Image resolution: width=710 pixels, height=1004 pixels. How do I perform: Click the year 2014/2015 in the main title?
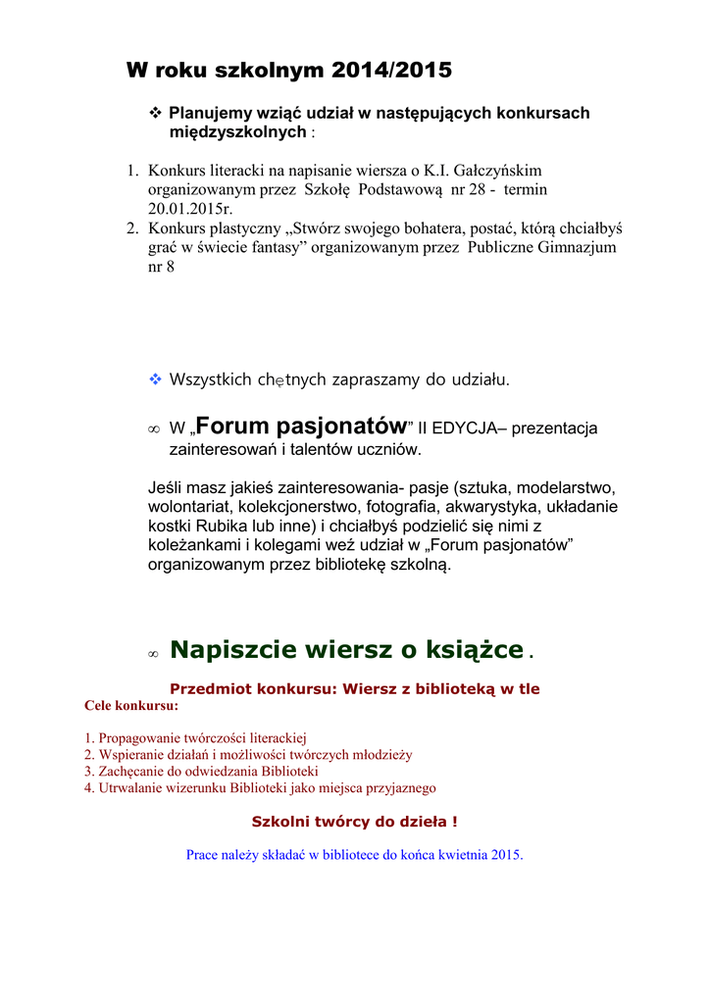[x=391, y=71]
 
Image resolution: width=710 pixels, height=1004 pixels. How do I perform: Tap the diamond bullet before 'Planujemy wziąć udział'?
[x=154, y=113]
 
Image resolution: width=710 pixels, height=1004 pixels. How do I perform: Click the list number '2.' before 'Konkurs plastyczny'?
[x=132, y=228]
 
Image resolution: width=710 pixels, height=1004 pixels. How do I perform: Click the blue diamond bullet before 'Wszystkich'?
[x=154, y=378]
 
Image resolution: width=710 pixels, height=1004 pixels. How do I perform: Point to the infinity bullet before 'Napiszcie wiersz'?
[x=153, y=653]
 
